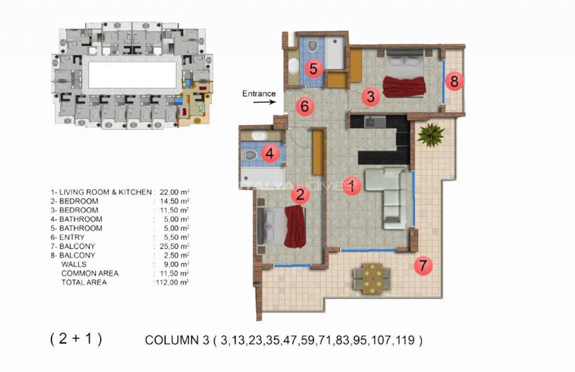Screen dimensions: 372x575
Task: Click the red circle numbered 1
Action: tap(351, 185)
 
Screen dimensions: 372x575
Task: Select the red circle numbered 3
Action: tap(369, 97)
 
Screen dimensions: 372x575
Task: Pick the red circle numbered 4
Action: tap(269, 154)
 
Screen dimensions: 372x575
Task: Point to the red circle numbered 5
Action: tap(313, 68)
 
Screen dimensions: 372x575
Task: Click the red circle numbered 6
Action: tap(304, 106)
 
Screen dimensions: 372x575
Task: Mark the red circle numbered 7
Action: tap(423, 266)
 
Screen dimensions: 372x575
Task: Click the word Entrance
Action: tap(259, 94)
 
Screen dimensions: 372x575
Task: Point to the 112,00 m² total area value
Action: tap(172, 282)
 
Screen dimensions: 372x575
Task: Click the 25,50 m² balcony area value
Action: tap(172, 247)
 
